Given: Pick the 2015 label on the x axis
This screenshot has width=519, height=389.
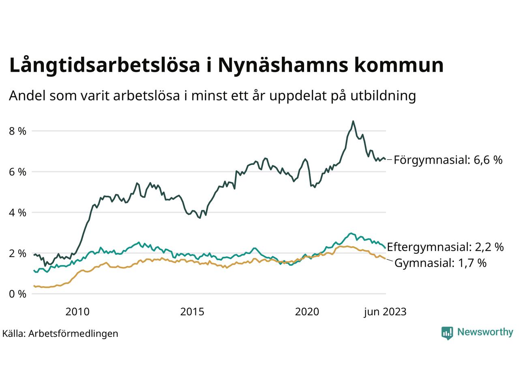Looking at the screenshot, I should (192, 312).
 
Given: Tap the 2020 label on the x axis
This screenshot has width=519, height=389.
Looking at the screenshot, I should (307, 312).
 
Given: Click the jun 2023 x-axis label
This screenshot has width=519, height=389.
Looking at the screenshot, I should (384, 312).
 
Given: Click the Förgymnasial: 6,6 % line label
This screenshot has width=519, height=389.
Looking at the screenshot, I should (448, 160).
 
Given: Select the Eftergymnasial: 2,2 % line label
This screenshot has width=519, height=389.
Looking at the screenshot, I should (445, 247).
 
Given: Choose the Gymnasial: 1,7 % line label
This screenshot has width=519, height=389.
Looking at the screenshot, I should (440, 263).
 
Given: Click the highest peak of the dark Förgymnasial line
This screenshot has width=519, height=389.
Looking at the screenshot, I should (353, 121).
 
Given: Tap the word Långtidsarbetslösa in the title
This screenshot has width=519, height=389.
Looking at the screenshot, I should (104, 66).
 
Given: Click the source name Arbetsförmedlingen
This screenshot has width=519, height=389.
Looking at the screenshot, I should (73, 333).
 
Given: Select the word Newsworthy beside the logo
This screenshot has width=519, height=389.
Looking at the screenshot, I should (485, 332).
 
